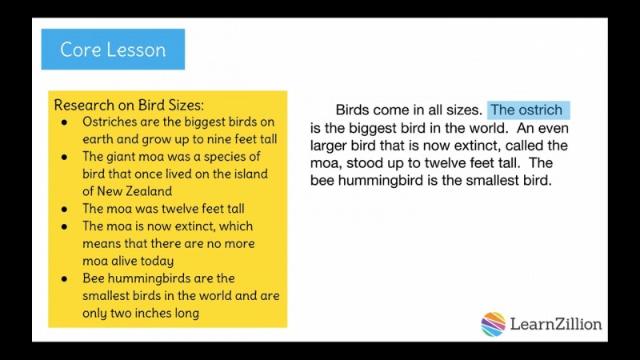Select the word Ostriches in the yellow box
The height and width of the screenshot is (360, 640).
pos(110,122)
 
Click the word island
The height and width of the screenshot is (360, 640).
pos(249,174)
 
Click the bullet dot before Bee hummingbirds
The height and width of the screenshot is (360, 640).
pos(64,278)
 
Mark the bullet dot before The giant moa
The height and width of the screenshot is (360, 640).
pos(64,157)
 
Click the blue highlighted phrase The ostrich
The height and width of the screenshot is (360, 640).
pos(526,110)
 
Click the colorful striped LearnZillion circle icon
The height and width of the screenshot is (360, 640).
pos(494,324)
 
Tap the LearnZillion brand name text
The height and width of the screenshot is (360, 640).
pos(557,324)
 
